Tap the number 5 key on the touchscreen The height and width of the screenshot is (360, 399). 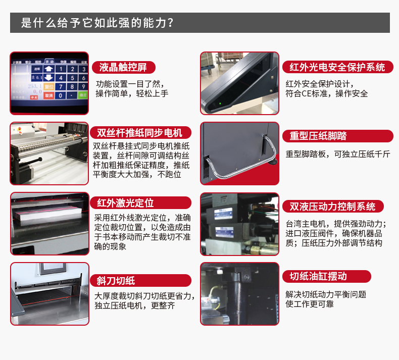point(73,78)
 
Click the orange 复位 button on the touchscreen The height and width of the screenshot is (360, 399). point(48,87)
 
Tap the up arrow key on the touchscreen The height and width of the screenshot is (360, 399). point(48,69)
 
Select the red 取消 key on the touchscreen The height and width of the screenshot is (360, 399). point(48,95)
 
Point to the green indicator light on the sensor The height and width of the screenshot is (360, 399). point(220,104)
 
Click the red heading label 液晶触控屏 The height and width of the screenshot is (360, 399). point(123,68)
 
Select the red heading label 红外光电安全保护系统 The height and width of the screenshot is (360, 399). point(338,67)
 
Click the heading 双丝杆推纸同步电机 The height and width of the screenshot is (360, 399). point(140,133)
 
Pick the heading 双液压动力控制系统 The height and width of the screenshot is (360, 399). point(333,207)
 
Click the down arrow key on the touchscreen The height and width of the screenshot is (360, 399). point(48,78)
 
